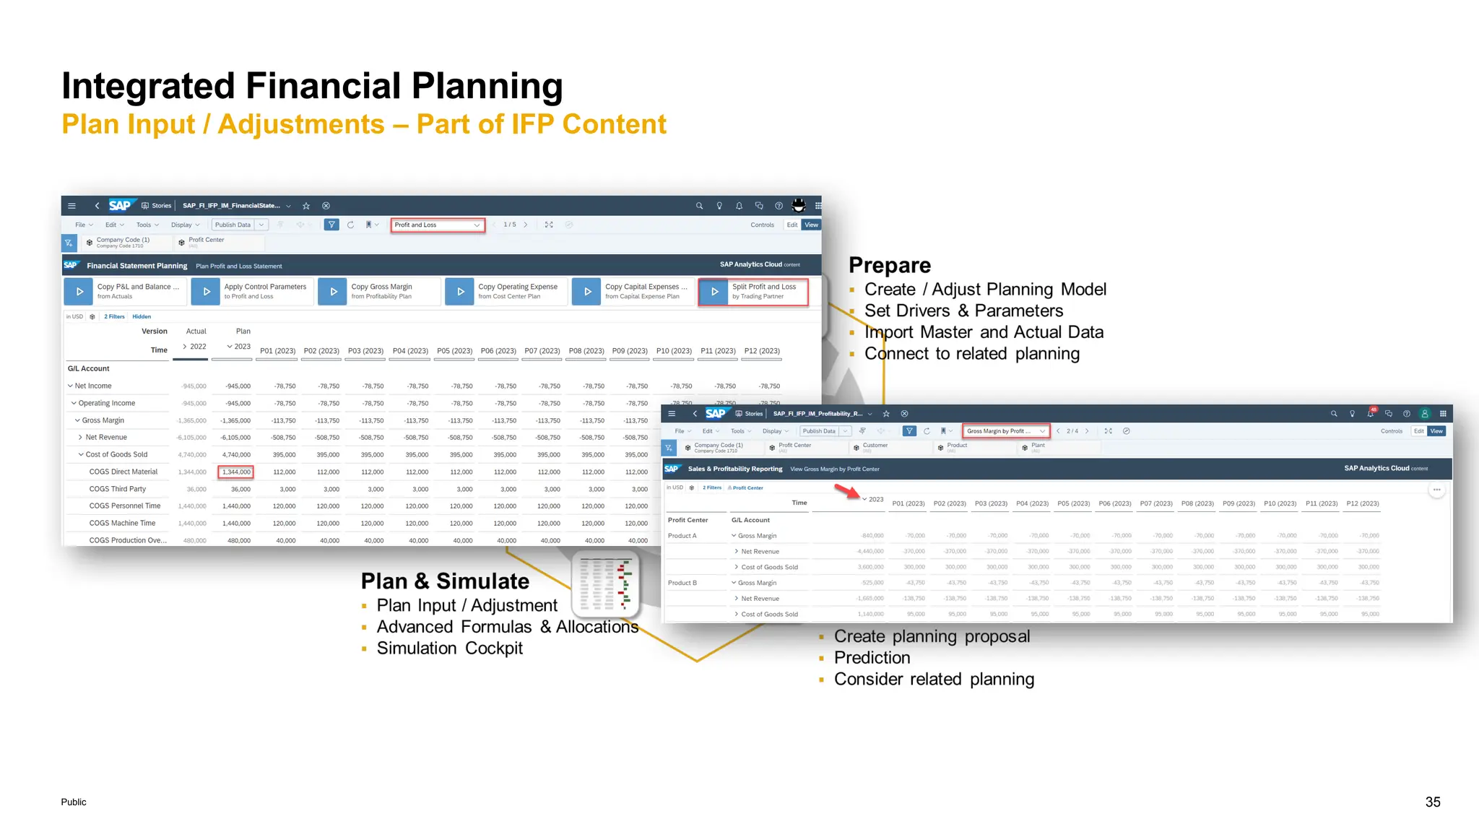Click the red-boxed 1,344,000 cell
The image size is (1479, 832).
click(x=235, y=472)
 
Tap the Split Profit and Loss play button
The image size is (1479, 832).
click(x=714, y=292)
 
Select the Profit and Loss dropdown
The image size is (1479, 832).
click(x=437, y=225)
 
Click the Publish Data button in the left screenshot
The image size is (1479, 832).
click(x=233, y=225)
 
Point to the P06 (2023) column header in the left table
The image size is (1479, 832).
click(x=498, y=351)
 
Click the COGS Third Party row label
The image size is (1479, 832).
click(x=118, y=489)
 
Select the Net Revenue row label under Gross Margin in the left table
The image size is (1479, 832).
click(x=106, y=438)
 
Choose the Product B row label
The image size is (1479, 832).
click(x=682, y=583)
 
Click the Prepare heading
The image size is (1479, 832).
click(x=890, y=266)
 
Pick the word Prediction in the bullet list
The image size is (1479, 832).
click(x=872, y=658)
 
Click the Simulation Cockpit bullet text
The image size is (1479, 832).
click(x=449, y=649)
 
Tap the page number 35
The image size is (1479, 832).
click(x=1433, y=802)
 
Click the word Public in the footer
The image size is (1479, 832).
click(x=74, y=802)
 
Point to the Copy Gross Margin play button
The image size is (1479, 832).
click(x=333, y=292)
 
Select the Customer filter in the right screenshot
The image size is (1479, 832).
click(x=875, y=446)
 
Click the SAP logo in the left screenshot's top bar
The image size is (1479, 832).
click(x=120, y=206)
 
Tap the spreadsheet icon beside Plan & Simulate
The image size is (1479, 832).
click(x=606, y=584)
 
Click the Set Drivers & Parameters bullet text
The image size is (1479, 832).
click(x=963, y=311)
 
